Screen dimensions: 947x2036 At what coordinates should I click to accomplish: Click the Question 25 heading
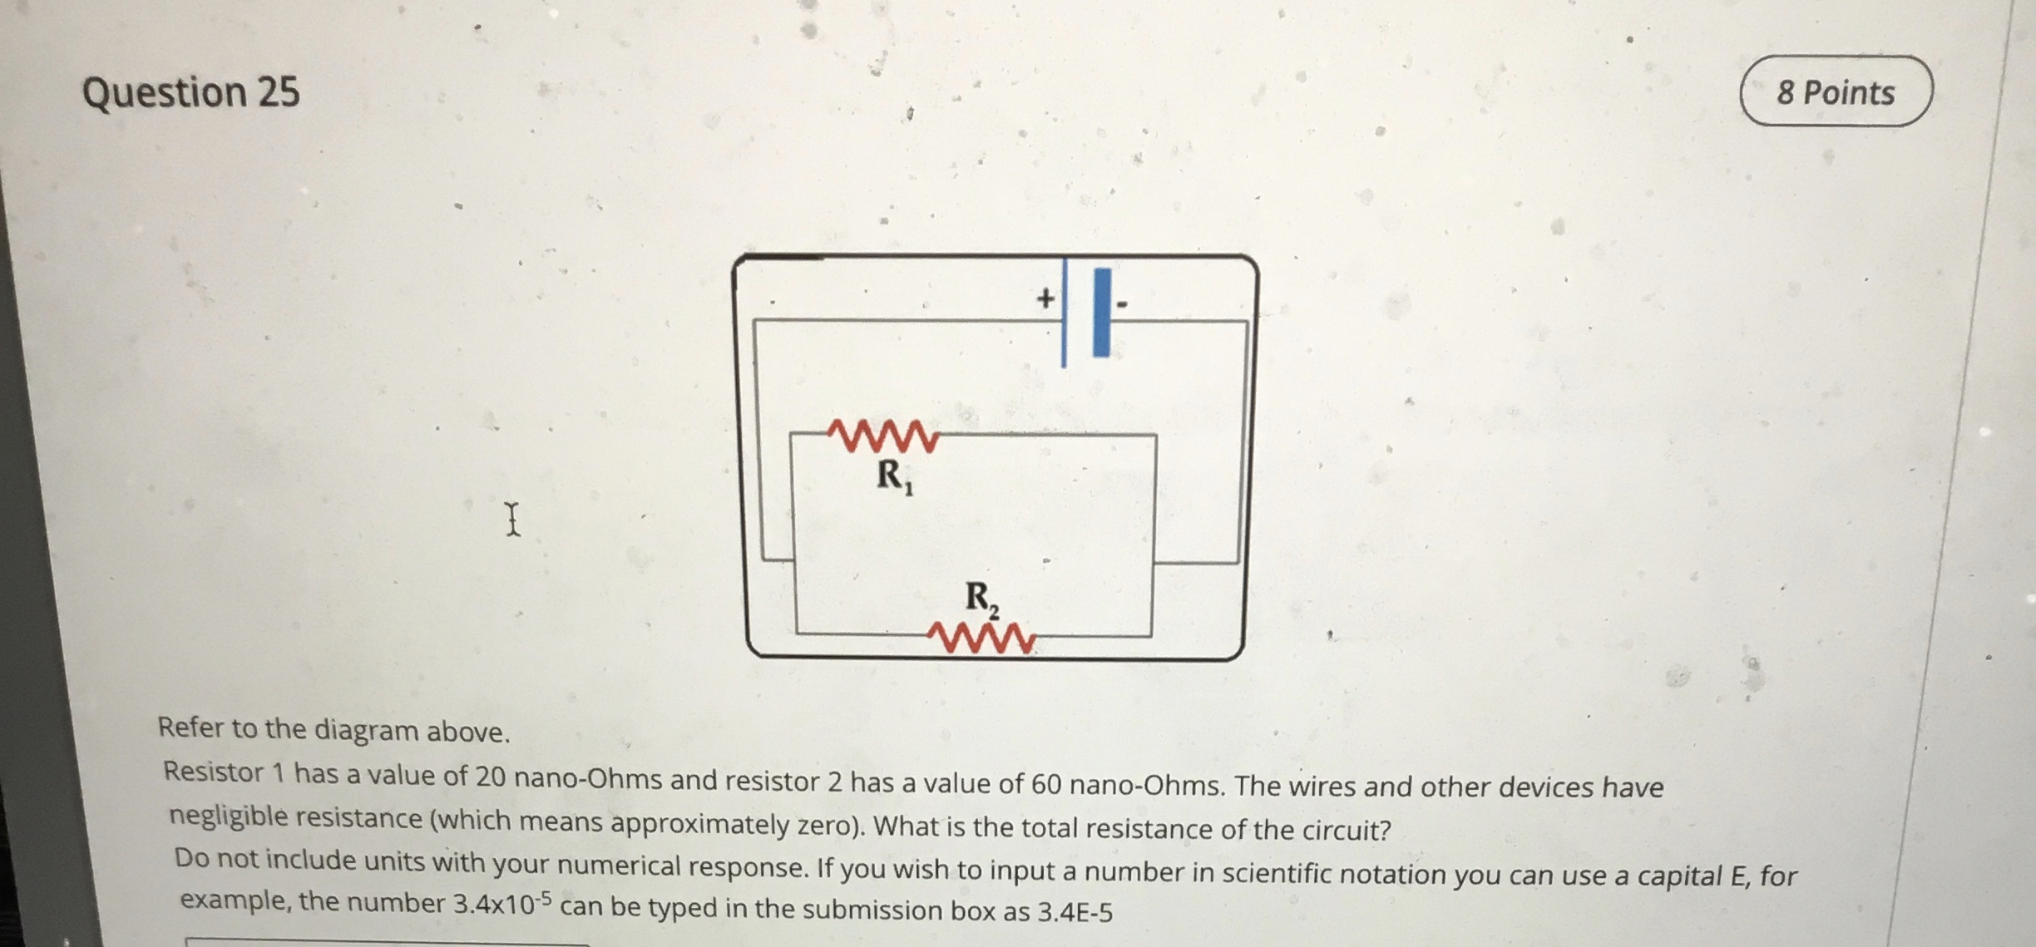(190, 92)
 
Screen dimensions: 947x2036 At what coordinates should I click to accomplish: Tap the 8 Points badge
(1836, 92)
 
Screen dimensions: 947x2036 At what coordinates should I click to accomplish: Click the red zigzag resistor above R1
(883, 435)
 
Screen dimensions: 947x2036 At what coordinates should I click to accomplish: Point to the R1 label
(895, 477)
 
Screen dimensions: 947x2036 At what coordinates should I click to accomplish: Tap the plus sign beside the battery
(1045, 298)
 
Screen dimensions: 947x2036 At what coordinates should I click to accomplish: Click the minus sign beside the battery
(1122, 305)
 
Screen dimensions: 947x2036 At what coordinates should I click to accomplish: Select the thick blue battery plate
(1102, 313)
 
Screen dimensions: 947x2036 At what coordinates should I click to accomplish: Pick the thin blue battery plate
(1064, 313)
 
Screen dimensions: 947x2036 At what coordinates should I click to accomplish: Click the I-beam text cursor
(513, 519)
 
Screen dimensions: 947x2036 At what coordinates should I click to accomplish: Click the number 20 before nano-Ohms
(490, 777)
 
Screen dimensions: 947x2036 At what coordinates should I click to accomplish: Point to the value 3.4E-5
(1075, 912)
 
